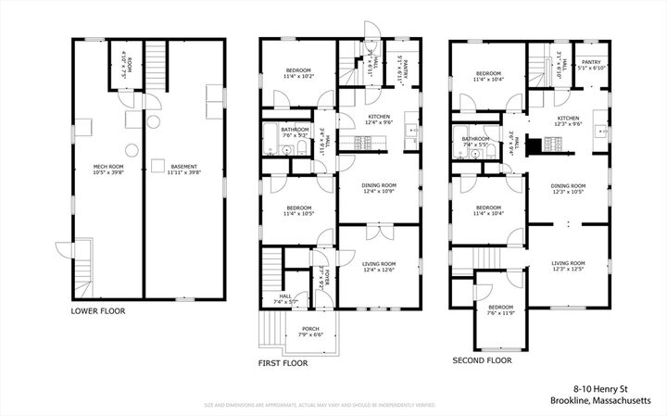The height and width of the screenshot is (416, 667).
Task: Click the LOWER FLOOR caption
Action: click(x=98, y=311)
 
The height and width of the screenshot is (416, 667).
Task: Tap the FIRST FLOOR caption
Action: click(x=282, y=363)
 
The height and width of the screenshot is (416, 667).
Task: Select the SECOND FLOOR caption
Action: click(x=482, y=359)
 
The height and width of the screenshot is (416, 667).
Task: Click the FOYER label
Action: click(x=325, y=276)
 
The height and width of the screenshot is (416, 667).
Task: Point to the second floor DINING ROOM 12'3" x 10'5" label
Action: click(x=569, y=188)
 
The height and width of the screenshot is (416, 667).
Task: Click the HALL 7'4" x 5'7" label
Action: click(x=285, y=299)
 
